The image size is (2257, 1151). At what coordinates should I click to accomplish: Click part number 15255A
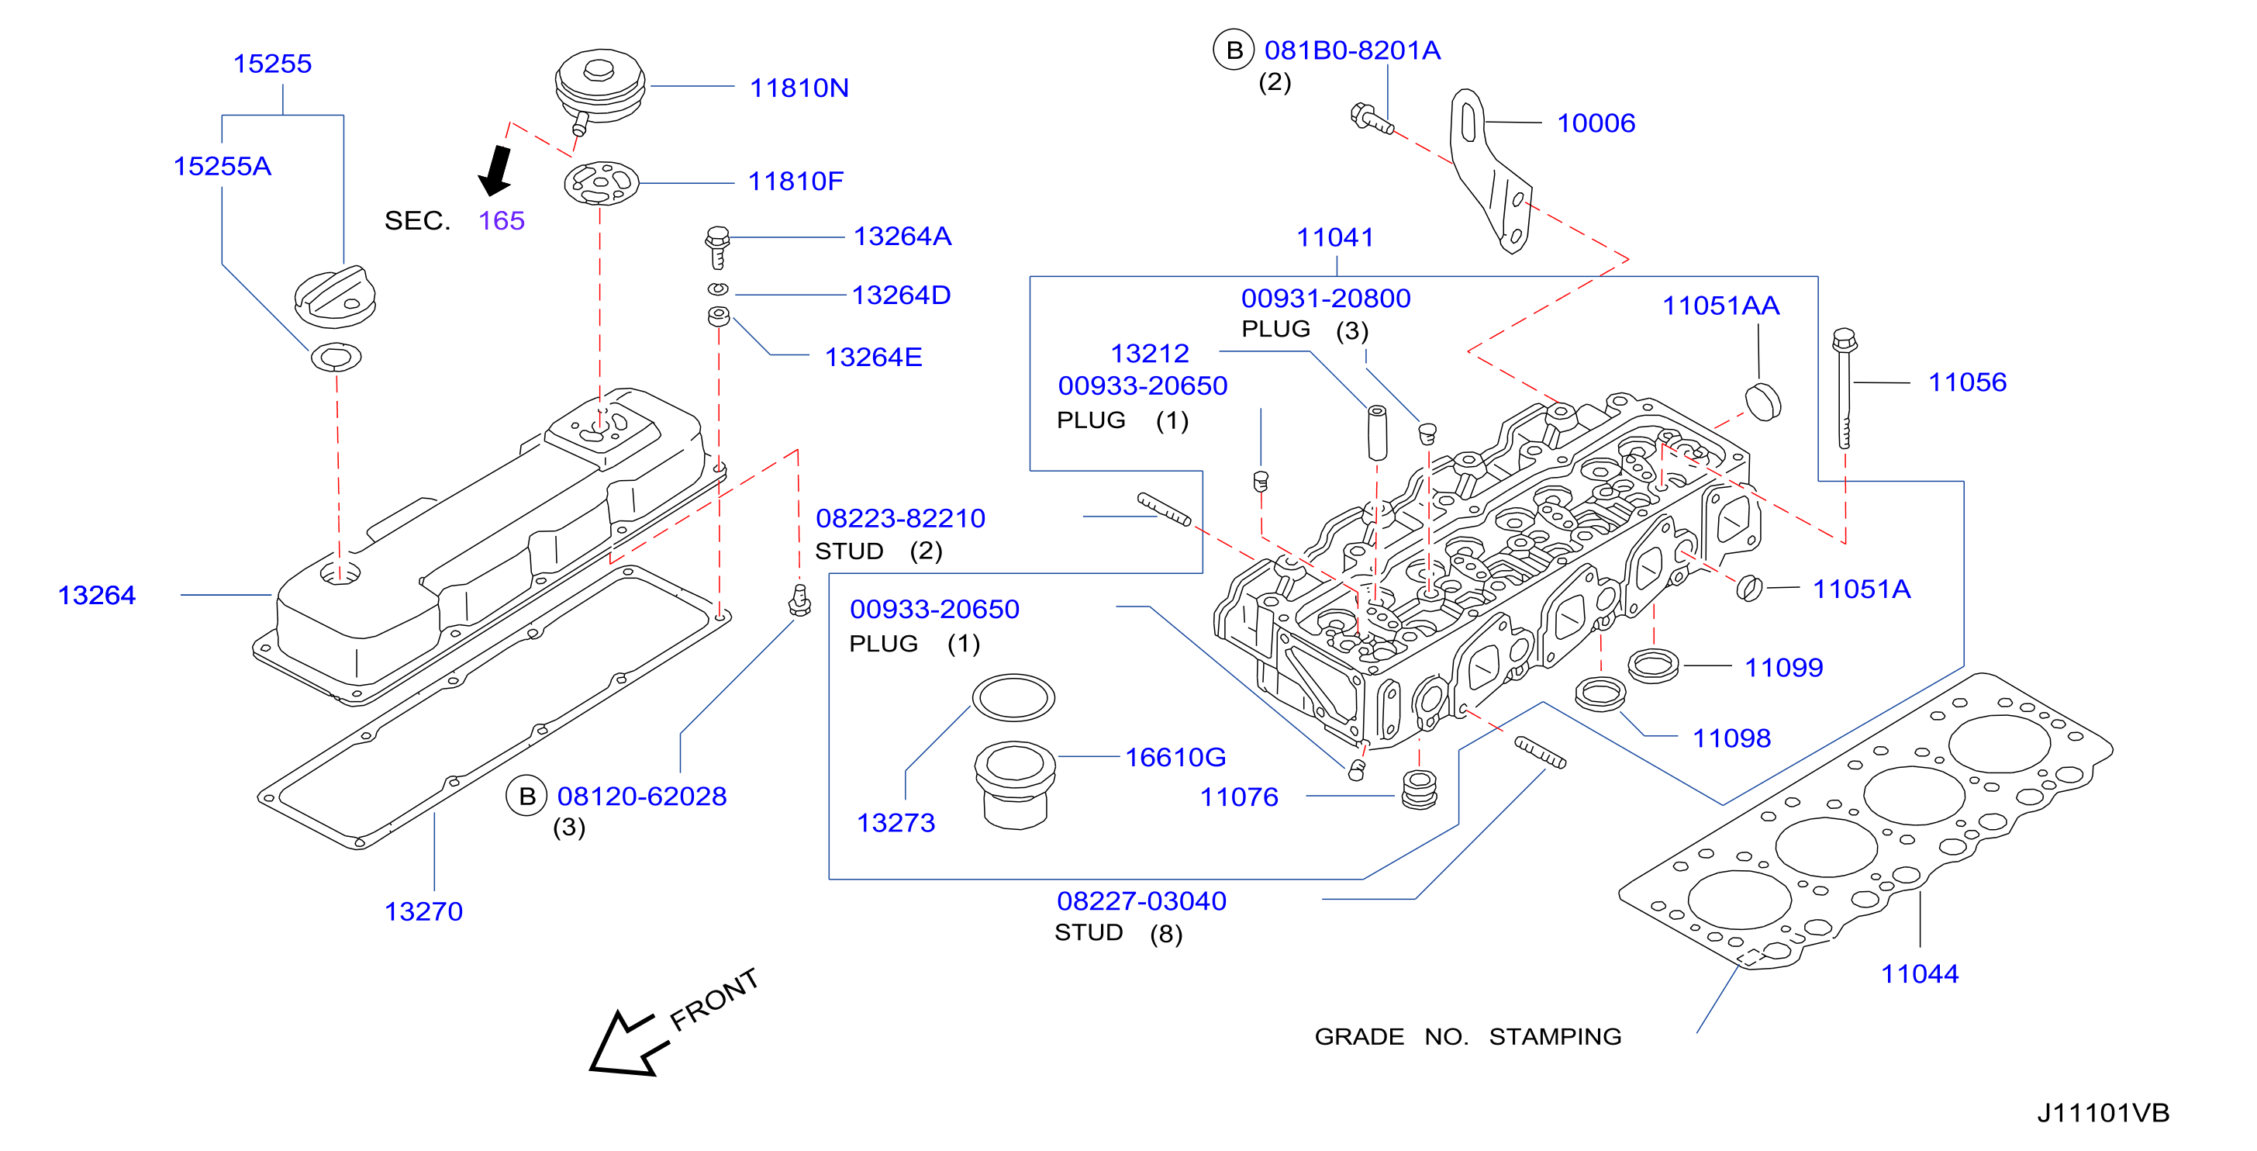tap(222, 166)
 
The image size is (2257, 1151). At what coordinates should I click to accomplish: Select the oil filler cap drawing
tap(335, 297)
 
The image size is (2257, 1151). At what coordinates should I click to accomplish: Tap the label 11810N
tap(799, 88)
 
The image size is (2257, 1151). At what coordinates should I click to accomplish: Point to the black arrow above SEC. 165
tap(496, 170)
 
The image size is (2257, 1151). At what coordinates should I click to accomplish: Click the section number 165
tap(501, 220)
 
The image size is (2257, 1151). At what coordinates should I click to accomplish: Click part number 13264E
tap(874, 357)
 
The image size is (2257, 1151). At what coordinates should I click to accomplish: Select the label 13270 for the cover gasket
tap(423, 911)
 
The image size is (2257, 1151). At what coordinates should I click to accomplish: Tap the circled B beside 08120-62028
tap(526, 796)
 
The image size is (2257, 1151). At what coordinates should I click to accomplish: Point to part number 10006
tap(1596, 123)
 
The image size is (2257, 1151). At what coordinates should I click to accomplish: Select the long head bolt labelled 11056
tap(1844, 389)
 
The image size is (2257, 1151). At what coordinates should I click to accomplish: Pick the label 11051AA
tap(1720, 305)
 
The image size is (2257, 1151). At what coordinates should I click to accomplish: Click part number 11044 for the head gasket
tap(1920, 973)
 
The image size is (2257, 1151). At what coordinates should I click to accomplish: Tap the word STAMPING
tap(1555, 1036)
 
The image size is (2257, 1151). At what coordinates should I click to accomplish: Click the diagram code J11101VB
tap(2103, 1112)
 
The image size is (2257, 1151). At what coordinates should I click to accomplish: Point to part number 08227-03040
tap(1141, 900)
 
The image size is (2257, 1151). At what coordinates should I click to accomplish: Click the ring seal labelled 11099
tap(1652, 666)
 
